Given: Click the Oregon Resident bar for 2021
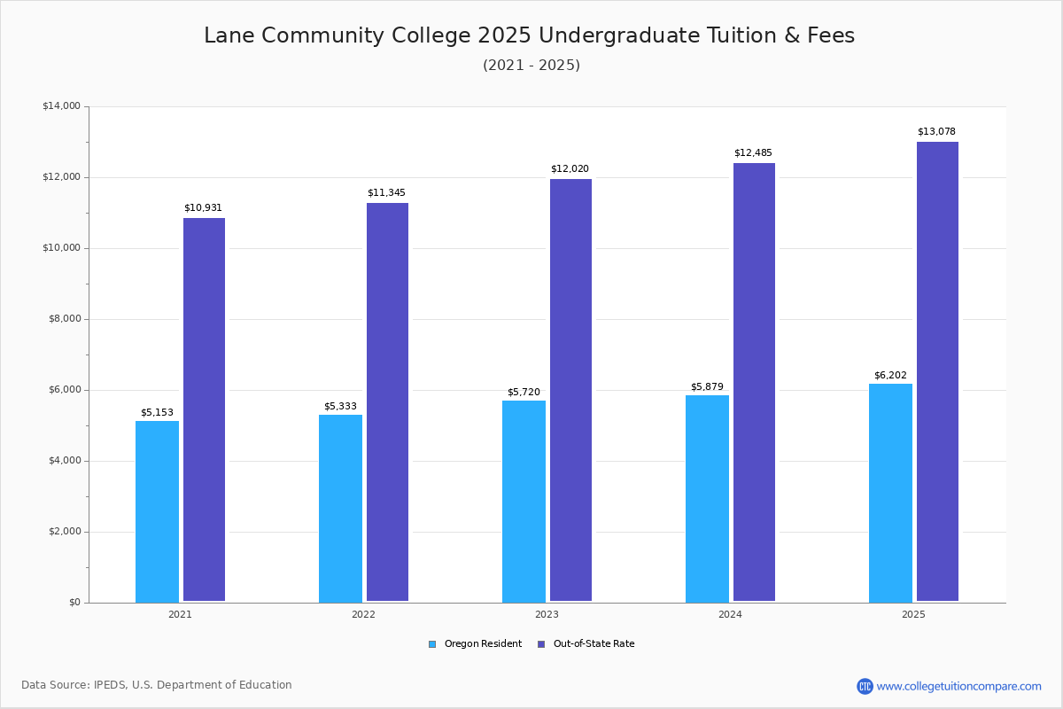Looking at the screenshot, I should (x=157, y=511).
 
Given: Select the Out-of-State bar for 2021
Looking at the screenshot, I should (x=204, y=409).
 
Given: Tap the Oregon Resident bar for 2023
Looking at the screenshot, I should (x=524, y=501).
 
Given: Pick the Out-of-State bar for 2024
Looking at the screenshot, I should (x=754, y=382).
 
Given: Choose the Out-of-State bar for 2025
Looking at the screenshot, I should (x=937, y=371).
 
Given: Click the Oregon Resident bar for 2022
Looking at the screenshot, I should (x=340, y=508).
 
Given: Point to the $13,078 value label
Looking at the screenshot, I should (x=936, y=132).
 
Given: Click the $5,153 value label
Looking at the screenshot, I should (x=157, y=413).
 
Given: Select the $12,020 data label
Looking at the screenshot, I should (x=570, y=169).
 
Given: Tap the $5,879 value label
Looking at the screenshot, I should (x=707, y=387).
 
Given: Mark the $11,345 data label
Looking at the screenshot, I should (x=386, y=193).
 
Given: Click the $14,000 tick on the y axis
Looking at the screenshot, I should (x=61, y=106).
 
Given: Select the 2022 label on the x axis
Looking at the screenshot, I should (x=363, y=614).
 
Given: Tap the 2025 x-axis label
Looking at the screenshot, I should (x=913, y=614).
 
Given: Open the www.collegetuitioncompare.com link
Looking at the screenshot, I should (x=958, y=686).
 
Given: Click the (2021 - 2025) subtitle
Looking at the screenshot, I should (x=531, y=66).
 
